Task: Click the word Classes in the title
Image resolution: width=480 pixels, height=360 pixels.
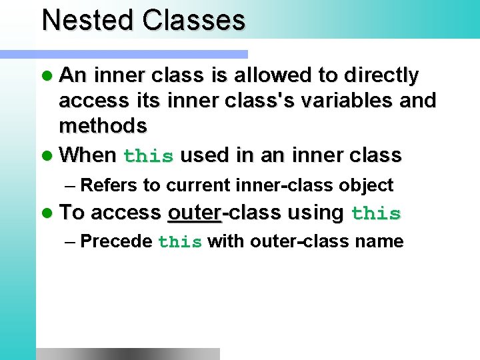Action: (x=193, y=20)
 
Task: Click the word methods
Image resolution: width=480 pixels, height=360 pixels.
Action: (x=103, y=125)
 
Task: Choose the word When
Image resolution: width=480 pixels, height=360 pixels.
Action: (x=87, y=155)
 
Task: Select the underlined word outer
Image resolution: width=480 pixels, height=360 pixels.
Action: (x=194, y=213)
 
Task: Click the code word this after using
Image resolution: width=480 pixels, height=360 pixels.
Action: (x=376, y=214)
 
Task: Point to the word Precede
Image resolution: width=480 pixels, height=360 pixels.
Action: (x=116, y=241)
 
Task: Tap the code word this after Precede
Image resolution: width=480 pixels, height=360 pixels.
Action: (x=180, y=242)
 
